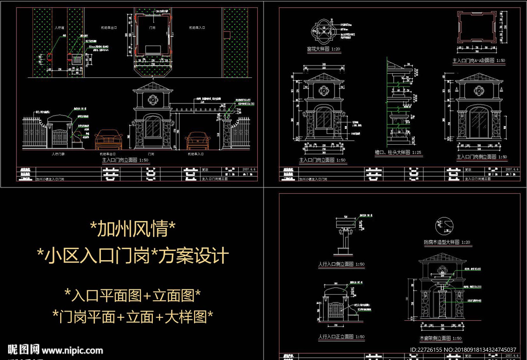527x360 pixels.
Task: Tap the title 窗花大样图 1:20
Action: tap(324, 49)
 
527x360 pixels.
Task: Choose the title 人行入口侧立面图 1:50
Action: tap(341, 264)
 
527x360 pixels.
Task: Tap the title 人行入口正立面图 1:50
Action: tap(341, 337)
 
